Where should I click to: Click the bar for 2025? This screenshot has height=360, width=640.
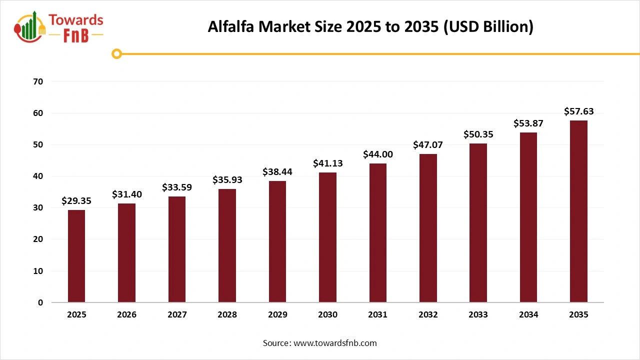pyautogui.click(x=76, y=256)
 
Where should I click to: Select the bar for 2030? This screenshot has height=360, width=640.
pyautogui.click(x=327, y=237)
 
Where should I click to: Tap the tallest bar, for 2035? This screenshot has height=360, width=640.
pyautogui.click(x=578, y=211)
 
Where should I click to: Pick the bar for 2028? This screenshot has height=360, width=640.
pyautogui.click(x=227, y=245)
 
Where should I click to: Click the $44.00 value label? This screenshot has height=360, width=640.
pyautogui.click(x=378, y=154)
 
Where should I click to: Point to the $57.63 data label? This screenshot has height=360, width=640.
pyautogui.click(x=578, y=111)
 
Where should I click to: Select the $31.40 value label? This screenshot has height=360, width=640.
pyautogui.click(x=126, y=194)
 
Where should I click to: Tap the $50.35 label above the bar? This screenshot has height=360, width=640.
pyautogui.click(x=478, y=134)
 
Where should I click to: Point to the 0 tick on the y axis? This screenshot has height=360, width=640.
pyautogui.click(x=40, y=302)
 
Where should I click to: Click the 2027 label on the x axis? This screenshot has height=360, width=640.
pyautogui.click(x=177, y=315)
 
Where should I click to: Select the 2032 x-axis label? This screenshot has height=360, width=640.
pyautogui.click(x=428, y=315)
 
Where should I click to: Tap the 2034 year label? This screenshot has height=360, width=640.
pyautogui.click(x=528, y=315)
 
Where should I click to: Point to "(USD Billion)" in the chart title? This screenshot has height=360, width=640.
pyautogui.click(x=488, y=27)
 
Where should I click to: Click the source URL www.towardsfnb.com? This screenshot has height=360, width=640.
pyautogui.click(x=335, y=343)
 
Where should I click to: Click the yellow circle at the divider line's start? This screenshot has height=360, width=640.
pyautogui.click(x=116, y=54)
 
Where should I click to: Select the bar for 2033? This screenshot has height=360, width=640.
pyautogui.click(x=478, y=223)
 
